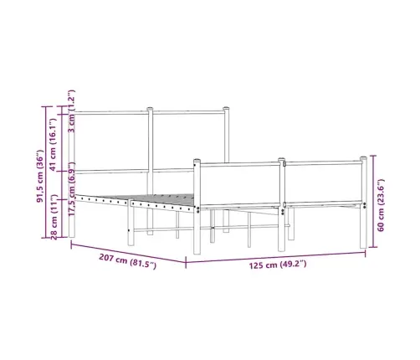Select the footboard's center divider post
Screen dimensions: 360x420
(284, 167)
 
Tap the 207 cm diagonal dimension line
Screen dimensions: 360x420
(125, 254)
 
